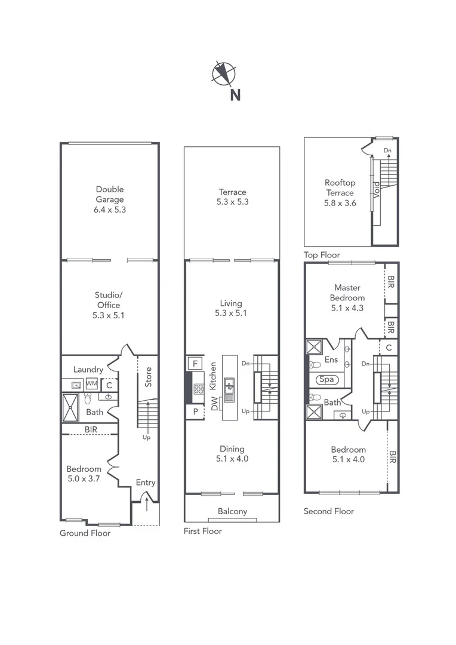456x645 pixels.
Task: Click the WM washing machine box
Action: pos(92,383)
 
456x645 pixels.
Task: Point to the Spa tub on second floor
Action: pos(326,379)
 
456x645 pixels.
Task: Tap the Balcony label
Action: pos(232,511)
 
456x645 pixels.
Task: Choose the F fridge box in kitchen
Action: pos(195,363)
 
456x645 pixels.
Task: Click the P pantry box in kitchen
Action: pos(195,411)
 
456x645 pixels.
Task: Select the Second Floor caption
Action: pos(328,511)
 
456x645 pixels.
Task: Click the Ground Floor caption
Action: pos(85,533)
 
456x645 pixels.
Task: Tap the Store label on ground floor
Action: pos(149,377)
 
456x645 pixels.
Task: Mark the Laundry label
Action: pos(88,370)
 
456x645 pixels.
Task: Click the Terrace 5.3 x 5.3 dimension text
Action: pos(232,202)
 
